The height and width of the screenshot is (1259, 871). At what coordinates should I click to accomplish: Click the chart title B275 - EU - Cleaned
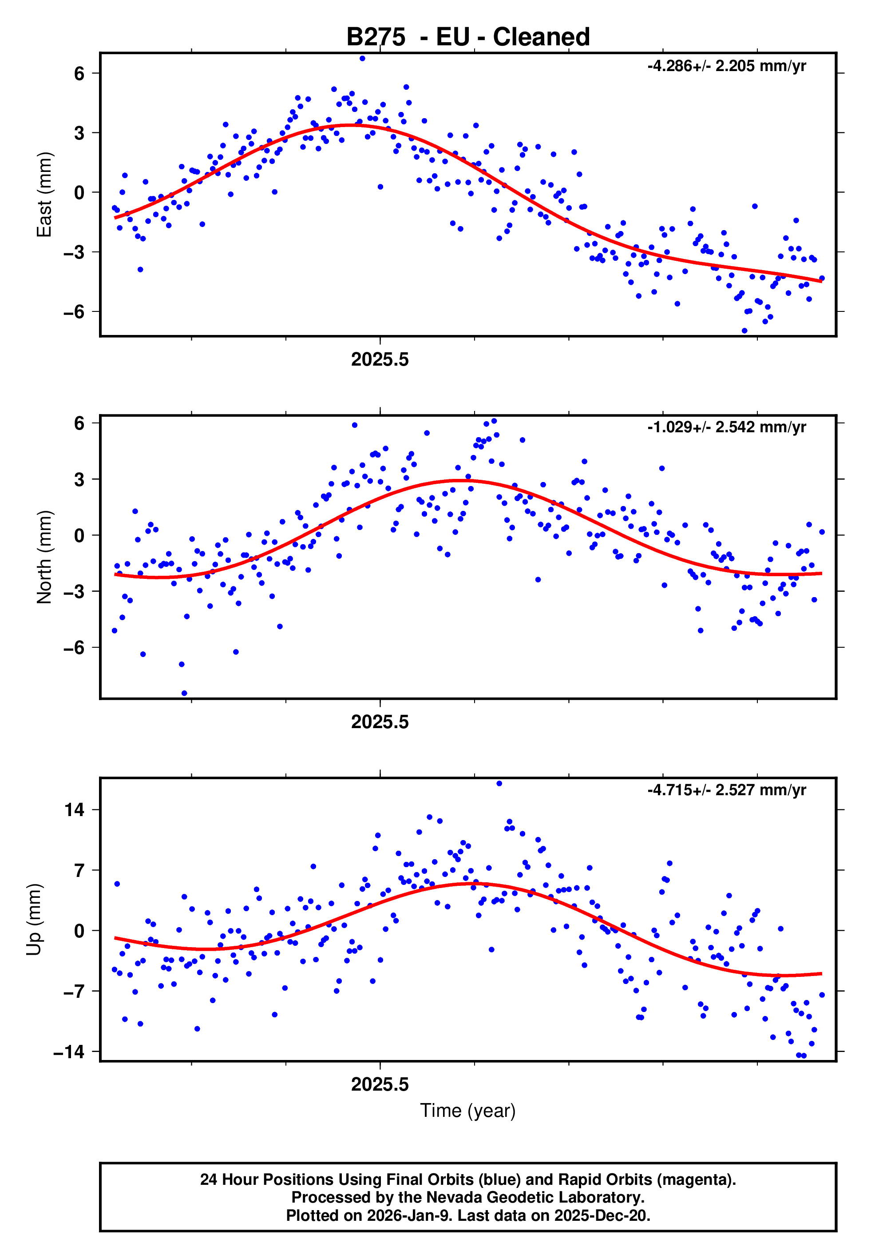[x=468, y=37]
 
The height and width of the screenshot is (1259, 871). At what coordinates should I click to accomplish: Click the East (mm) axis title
[x=44, y=195]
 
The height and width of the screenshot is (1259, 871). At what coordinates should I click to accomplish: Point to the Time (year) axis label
[x=468, y=1111]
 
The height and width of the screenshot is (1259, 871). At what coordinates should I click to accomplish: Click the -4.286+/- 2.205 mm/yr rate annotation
[x=726, y=66]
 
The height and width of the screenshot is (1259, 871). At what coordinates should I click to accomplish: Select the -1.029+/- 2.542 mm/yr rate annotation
[x=726, y=427]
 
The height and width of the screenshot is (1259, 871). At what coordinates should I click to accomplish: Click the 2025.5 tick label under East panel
[x=380, y=360]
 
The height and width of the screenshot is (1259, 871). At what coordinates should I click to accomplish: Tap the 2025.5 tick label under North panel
[x=380, y=722]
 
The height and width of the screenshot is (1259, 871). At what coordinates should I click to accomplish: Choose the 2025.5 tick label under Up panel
[x=380, y=1084]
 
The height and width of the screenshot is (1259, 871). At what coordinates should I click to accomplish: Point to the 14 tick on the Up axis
[x=75, y=810]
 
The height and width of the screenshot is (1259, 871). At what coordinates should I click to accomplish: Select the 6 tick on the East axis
[x=79, y=73]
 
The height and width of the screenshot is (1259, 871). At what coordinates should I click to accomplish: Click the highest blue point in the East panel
[x=362, y=58]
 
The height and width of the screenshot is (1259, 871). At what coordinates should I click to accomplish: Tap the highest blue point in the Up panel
[x=499, y=784]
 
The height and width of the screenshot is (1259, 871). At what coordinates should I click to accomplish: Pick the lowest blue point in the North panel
[x=185, y=693]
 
